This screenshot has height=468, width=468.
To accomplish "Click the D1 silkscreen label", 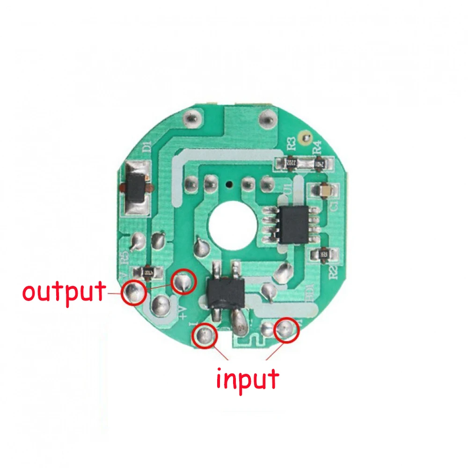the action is pos(146,147).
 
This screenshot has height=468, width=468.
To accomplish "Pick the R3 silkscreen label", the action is pos(291,143).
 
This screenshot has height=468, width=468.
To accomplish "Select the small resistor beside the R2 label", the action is pos(323,254).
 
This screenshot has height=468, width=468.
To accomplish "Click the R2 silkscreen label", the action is pos(333,272).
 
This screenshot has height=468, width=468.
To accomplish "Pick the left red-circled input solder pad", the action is pos(205,335).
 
